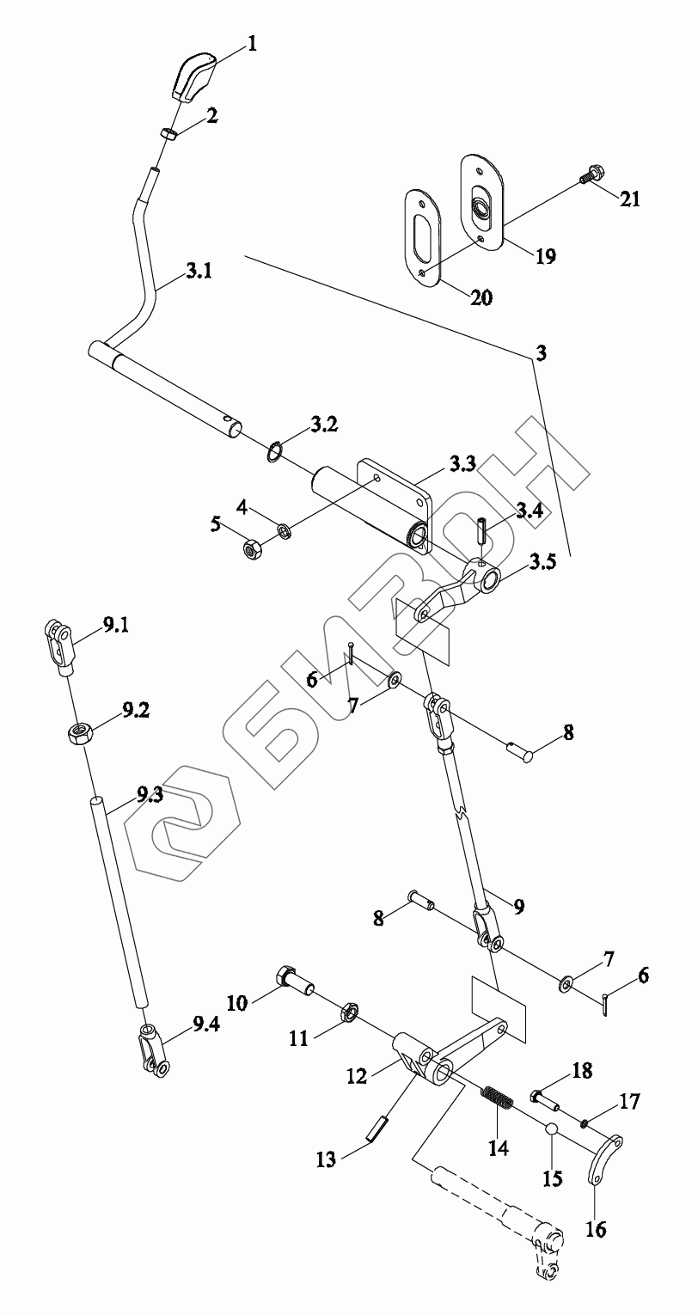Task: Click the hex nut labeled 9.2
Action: click(80, 732)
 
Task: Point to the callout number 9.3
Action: click(149, 795)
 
